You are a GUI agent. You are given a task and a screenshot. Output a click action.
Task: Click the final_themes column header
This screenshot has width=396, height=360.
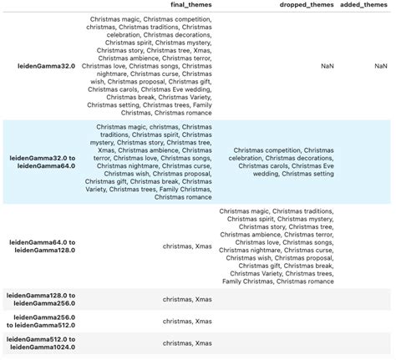190,5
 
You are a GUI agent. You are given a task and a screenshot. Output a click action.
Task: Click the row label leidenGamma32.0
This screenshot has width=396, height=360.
43,65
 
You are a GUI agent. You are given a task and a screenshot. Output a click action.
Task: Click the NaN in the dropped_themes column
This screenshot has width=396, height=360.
327,65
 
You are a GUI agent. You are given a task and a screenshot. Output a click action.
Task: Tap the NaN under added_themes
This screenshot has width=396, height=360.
380,65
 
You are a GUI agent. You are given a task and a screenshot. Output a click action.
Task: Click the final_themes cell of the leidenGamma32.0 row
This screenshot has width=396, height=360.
149,65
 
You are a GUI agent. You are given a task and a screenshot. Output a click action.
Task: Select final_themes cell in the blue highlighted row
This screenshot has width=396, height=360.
149,162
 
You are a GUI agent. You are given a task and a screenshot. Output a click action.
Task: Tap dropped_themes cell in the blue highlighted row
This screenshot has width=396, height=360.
284,162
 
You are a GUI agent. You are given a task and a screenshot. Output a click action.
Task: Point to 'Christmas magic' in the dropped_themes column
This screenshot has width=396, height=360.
244,211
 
